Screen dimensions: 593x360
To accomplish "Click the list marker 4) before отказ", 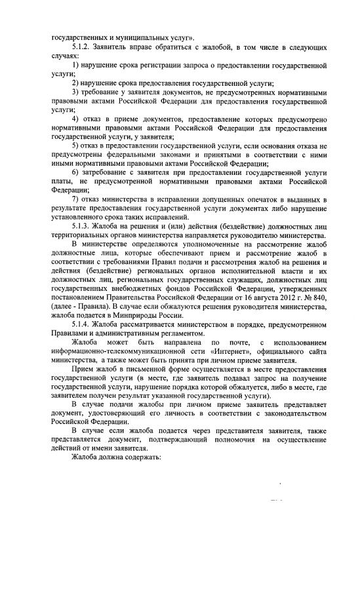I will tap(76, 118).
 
